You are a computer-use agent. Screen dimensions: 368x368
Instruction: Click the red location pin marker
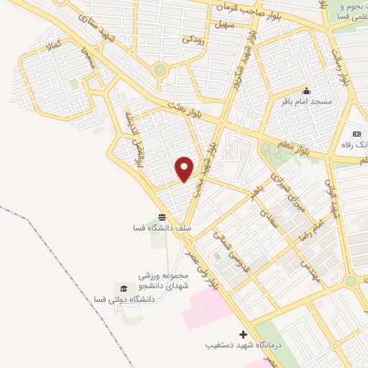click(x=185, y=169)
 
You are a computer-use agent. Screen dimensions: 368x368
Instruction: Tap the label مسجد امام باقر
click(x=306, y=102)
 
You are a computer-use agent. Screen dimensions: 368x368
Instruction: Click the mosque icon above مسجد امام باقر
click(x=307, y=91)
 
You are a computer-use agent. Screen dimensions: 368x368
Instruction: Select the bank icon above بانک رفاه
click(x=356, y=134)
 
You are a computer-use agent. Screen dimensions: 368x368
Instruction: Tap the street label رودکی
click(x=194, y=40)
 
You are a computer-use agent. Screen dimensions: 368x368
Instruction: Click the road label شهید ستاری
click(x=97, y=27)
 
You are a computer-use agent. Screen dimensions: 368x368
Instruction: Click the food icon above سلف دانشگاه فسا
click(x=160, y=216)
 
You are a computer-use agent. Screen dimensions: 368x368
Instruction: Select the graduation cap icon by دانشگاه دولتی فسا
click(x=124, y=287)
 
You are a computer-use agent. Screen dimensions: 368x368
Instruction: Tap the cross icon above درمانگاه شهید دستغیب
click(x=243, y=334)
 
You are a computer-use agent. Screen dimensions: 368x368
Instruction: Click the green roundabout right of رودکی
click(x=160, y=70)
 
